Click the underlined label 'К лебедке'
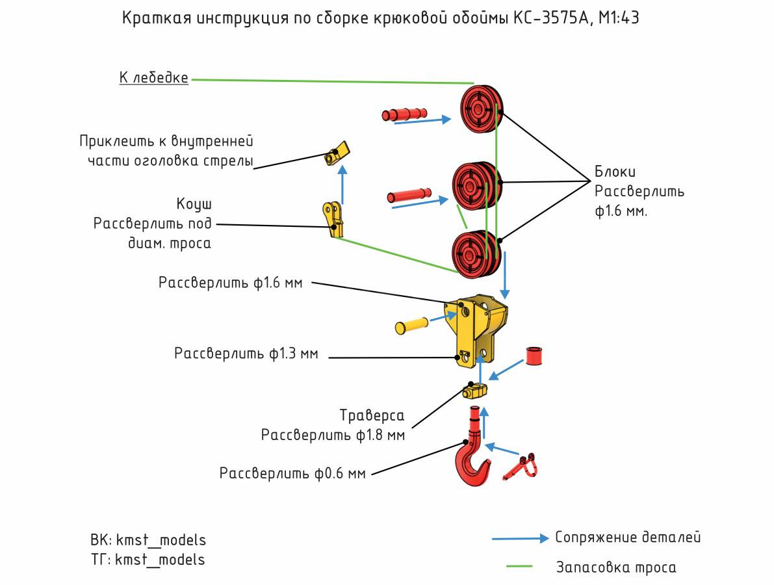[153, 78]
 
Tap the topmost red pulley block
[482, 109]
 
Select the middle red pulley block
[477, 186]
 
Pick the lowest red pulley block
[477, 254]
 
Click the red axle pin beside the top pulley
[404, 114]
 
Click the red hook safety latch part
[521, 466]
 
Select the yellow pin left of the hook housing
[411, 326]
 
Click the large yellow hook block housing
[476, 331]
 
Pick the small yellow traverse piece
[475, 391]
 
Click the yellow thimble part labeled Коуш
[333, 218]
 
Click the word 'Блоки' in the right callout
[615, 172]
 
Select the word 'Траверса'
[372, 415]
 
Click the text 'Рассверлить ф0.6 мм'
[292, 473]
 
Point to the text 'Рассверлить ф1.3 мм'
[246, 354]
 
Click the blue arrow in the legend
[521, 538]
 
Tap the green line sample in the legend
[519, 566]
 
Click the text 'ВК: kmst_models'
[148, 540]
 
